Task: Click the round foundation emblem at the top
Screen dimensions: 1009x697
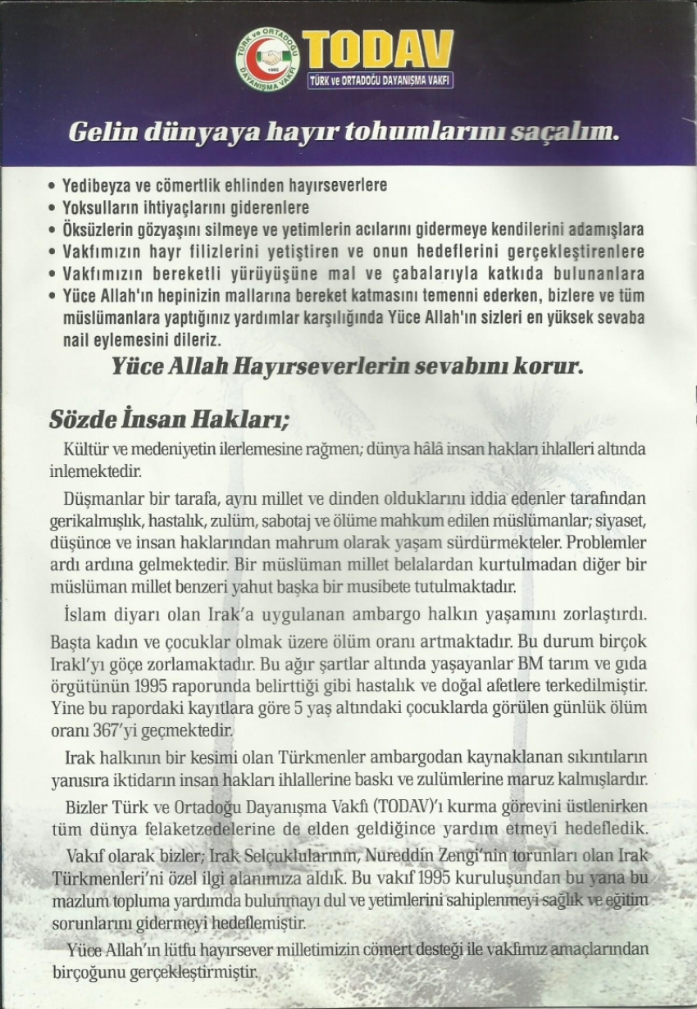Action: coord(267,59)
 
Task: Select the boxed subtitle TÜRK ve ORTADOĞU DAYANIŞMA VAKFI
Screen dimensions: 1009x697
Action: coord(380,80)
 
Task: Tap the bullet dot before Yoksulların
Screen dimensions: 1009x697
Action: coord(54,208)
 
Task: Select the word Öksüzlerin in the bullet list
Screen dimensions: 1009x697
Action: coord(98,230)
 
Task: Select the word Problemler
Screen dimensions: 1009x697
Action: coord(601,543)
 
